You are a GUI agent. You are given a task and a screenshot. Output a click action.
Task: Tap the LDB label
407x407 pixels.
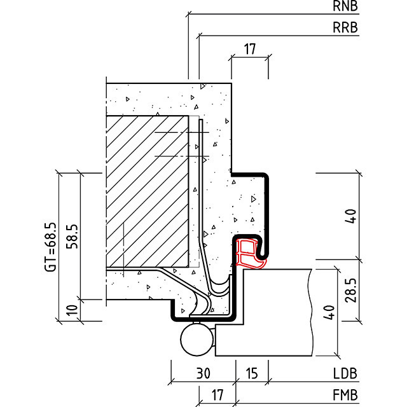345,374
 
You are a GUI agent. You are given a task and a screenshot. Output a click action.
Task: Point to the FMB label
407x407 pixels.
345,395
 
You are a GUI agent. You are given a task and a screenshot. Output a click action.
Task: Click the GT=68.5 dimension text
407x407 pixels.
50,247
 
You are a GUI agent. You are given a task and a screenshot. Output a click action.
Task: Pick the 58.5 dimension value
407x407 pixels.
72,237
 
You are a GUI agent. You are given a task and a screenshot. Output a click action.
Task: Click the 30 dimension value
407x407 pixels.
203,374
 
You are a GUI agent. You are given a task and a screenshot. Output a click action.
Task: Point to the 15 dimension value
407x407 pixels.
252,374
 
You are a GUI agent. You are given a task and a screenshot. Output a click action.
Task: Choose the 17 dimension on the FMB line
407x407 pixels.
217,395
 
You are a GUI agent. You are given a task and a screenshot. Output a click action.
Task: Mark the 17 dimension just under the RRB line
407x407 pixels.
249,48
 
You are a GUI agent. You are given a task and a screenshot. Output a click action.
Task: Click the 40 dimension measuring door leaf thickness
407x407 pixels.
329,313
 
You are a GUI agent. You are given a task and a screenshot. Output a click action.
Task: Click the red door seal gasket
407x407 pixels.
250,252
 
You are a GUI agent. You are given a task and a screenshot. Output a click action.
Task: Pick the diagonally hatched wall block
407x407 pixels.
148,191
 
